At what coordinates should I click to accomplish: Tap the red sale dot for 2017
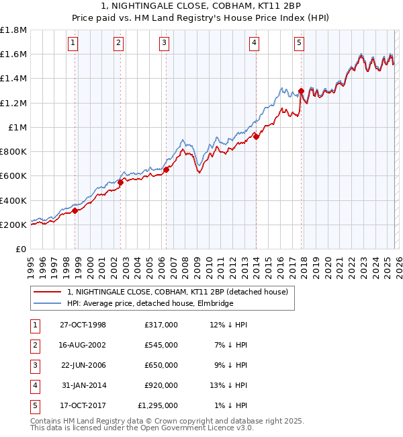[x=301, y=91]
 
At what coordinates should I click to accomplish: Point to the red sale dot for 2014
[x=256, y=136]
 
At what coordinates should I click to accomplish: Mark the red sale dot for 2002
[x=120, y=182]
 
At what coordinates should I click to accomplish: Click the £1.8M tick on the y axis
[x=13, y=30]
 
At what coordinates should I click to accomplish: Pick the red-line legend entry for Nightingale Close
[x=177, y=292]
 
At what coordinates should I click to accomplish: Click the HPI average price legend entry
[x=150, y=304]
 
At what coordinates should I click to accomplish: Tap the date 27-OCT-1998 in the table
[x=83, y=325]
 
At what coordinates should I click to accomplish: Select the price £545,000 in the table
[x=161, y=345]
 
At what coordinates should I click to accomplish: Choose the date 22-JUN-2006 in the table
[x=83, y=365]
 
